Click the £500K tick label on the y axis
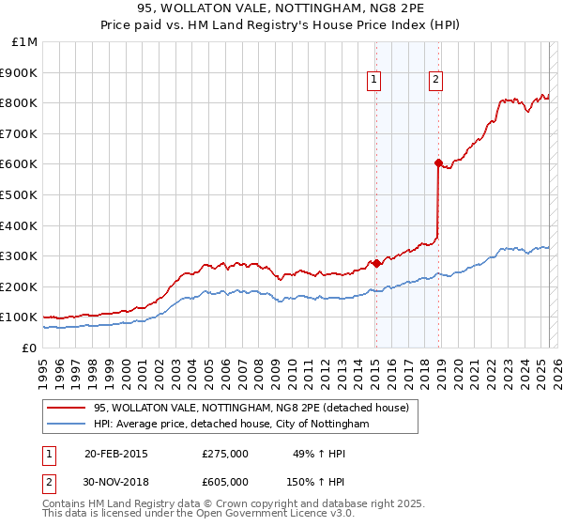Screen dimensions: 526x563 pyautogui.click(x=19, y=194)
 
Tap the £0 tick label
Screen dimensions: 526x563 pyautogui.click(x=28, y=348)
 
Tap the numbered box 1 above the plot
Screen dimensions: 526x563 pyautogui.click(x=374, y=81)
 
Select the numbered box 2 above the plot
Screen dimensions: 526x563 pyautogui.click(x=436, y=81)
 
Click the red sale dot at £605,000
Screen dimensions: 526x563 pyautogui.click(x=438, y=162)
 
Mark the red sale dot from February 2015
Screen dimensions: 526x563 pyautogui.click(x=375, y=264)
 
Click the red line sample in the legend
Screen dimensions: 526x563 pyautogui.click(x=67, y=409)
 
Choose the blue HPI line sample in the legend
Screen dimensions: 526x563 pyautogui.click(x=67, y=425)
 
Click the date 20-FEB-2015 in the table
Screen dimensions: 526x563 pyautogui.click(x=115, y=453)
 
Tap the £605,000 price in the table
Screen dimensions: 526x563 pyautogui.click(x=225, y=481)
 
